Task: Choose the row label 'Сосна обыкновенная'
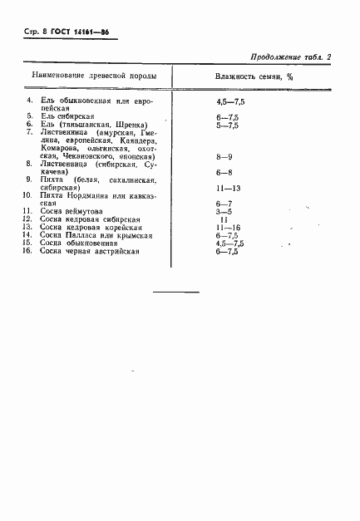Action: point(78,243)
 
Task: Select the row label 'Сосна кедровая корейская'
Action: point(91,227)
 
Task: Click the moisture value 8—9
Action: point(224,155)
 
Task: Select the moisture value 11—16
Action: point(227,227)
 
